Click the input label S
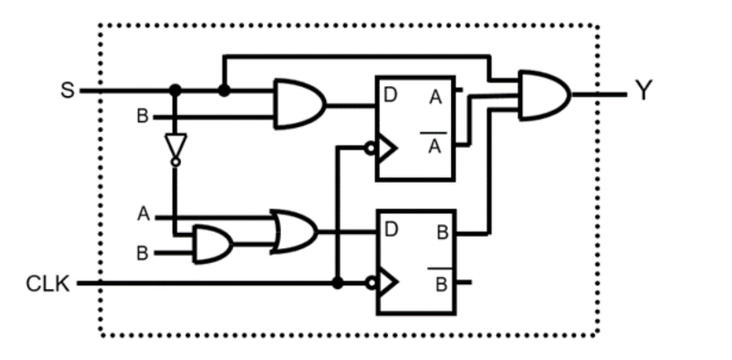67,91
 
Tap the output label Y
642,92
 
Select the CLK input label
45,284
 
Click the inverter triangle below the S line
176,147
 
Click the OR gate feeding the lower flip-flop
294,231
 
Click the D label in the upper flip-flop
390,94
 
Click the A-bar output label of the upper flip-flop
435,145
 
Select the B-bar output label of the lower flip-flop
441,283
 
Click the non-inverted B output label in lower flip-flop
442,232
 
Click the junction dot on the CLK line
337,283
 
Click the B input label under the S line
141,117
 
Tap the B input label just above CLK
142,254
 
